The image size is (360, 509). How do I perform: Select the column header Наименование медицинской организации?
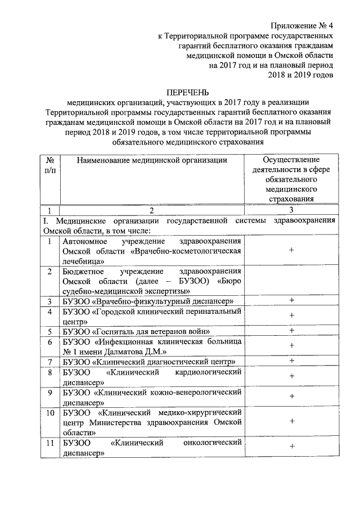coord(152,160)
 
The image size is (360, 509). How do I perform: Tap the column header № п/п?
coord(49,165)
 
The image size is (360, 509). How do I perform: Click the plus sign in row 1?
coord(291,251)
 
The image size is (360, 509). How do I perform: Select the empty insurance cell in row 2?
coord(291,280)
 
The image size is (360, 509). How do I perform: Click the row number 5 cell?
coord(49,331)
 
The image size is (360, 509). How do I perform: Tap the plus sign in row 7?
coord(291,361)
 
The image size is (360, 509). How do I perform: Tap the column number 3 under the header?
coord(291,210)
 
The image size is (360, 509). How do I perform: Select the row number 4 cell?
coord(49,312)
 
